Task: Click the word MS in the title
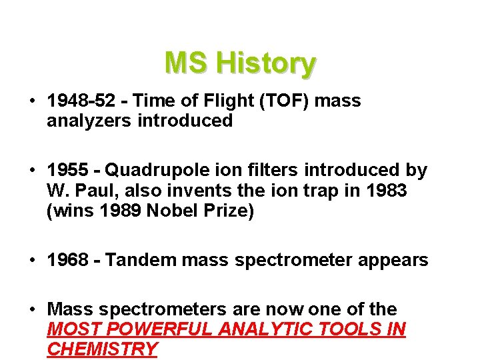click(186, 63)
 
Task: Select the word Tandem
click(135, 260)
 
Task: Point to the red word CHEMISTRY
click(102, 349)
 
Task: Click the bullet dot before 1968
click(32, 260)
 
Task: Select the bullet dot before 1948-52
click(32, 101)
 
